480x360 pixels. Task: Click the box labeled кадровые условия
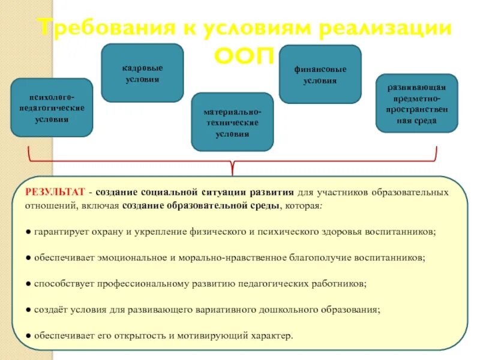coord(142,73)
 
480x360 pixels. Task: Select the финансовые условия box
coord(320,74)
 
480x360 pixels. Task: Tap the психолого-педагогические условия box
coord(52,108)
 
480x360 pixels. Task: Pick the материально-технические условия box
coord(232,122)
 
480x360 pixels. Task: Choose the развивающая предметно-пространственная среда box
coord(416,103)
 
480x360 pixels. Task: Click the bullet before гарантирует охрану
coord(29,231)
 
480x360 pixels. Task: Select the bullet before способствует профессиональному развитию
coord(29,283)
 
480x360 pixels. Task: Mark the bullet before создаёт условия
coord(29,310)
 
